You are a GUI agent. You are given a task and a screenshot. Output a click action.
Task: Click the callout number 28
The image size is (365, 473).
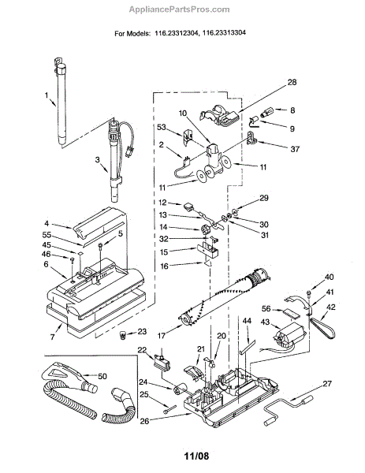[x=292, y=82]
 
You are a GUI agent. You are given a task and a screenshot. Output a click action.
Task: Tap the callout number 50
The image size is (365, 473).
[x=102, y=376]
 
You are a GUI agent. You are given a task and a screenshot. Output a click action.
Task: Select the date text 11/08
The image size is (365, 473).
[x=196, y=456]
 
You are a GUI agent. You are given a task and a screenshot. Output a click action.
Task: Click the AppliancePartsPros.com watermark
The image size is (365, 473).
[x=179, y=9]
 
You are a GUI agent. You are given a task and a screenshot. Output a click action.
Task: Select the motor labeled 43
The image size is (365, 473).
[x=289, y=336]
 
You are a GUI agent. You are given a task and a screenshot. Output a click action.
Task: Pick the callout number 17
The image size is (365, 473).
[x=162, y=336]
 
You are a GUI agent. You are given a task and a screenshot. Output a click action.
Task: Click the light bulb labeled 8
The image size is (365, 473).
[x=266, y=112]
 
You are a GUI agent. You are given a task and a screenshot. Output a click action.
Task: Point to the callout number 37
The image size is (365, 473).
[x=295, y=149]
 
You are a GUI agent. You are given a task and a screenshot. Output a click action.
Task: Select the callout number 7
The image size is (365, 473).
[x=52, y=337]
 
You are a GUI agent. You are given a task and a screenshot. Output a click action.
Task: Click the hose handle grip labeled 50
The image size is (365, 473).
[x=69, y=376]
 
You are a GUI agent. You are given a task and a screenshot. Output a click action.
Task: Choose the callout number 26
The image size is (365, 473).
[x=144, y=420]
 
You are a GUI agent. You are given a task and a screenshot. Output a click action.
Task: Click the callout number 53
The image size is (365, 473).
[x=162, y=127]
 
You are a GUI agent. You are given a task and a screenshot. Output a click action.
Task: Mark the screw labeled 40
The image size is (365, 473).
[x=308, y=292]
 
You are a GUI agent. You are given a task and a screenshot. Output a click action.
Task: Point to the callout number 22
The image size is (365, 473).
[x=142, y=349]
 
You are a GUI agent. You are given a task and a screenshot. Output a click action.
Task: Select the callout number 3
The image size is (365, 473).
[x=97, y=159]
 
